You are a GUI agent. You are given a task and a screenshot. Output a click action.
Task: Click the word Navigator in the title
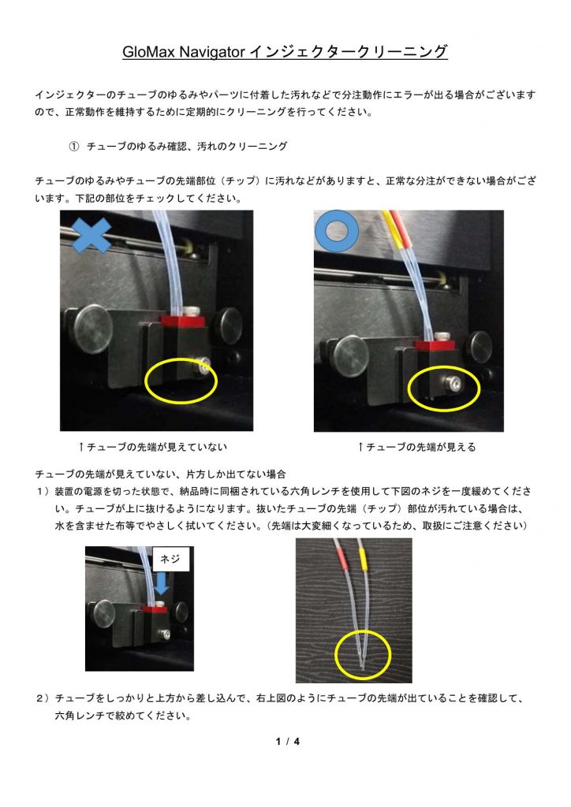point(211,52)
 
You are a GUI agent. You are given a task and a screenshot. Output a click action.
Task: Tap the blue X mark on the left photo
point(91,235)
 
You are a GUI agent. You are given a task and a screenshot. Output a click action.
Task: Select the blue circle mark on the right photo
point(337,231)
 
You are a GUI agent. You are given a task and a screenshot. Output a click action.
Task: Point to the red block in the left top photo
point(183,322)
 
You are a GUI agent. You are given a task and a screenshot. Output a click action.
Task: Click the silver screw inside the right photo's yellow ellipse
point(454,383)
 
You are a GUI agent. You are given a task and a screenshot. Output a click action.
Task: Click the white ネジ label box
point(171,559)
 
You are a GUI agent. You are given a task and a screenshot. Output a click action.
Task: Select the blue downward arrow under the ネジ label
point(162,584)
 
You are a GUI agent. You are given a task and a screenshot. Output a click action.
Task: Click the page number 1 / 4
point(288,741)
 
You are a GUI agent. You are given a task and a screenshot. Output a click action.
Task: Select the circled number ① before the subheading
point(74,146)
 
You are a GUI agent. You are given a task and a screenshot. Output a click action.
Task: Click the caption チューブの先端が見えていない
point(156,447)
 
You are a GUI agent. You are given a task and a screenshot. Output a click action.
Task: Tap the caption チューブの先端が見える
point(420,447)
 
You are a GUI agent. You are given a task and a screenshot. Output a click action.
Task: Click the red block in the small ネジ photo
point(155,609)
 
